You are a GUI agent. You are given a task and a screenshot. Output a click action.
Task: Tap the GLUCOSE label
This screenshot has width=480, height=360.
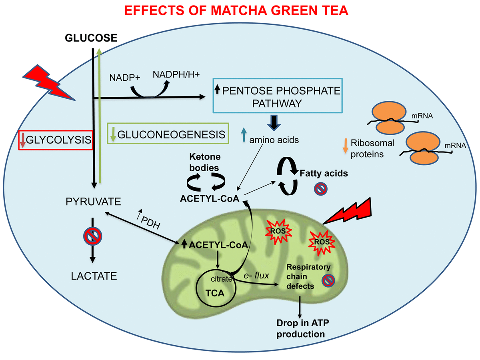(x=91, y=38)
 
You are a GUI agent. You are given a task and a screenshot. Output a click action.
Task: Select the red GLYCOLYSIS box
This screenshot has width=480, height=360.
(x=56, y=140)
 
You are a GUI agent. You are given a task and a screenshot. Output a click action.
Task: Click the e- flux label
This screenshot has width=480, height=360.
(x=256, y=276)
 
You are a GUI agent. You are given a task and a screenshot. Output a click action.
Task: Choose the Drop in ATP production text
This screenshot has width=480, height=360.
(x=300, y=328)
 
